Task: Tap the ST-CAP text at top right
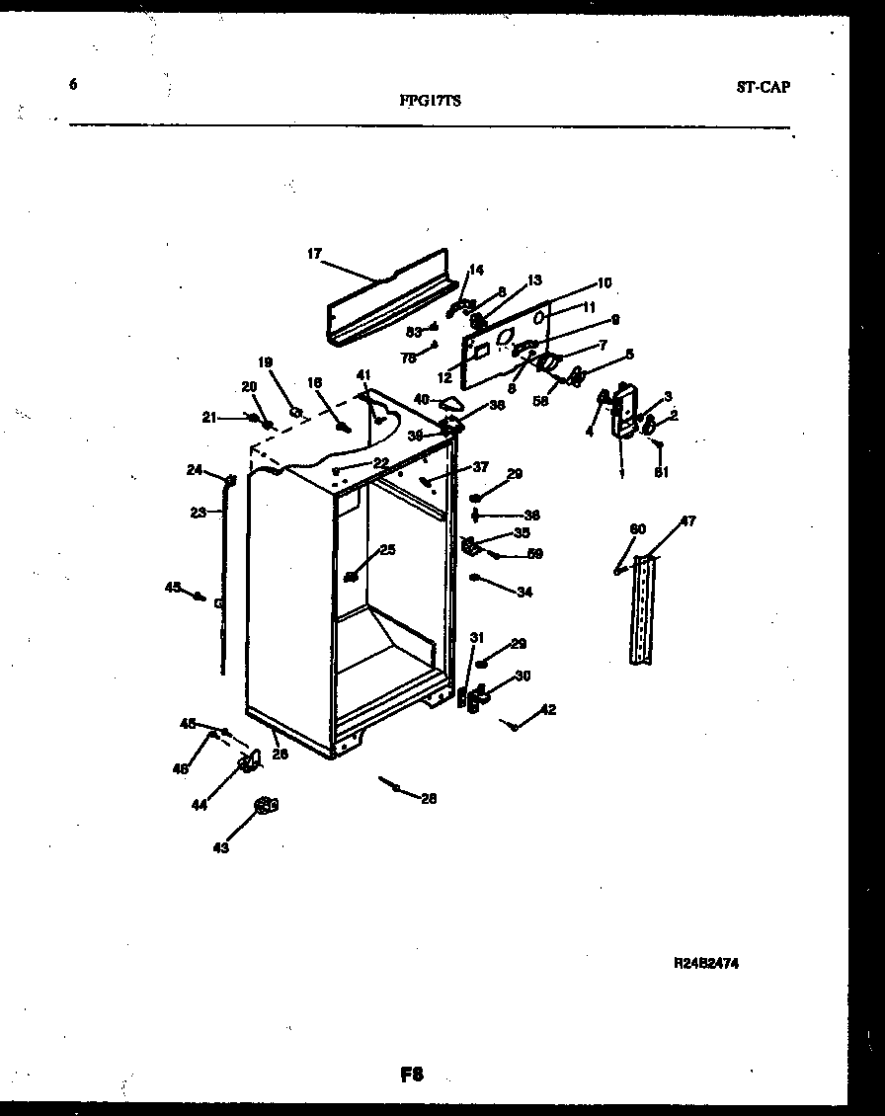click(763, 87)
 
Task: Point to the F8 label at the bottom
click(412, 1076)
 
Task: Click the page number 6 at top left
click(73, 84)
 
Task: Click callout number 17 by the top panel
click(314, 254)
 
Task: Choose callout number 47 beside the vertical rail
click(687, 521)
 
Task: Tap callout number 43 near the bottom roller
click(220, 847)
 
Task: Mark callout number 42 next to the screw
click(548, 709)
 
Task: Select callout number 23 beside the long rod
click(199, 512)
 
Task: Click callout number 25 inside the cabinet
click(387, 549)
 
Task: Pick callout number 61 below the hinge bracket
click(661, 472)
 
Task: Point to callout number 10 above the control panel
click(603, 282)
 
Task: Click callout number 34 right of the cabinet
click(523, 593)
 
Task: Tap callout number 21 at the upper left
click(208, 418)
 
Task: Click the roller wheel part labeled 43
click(264, 807)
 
